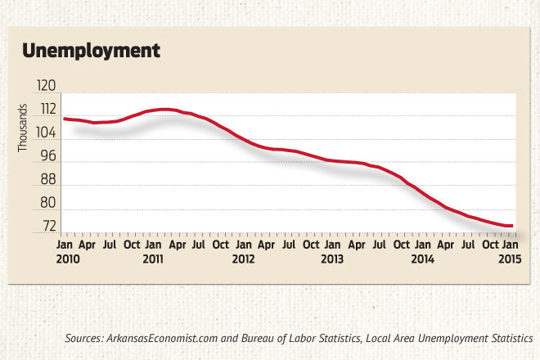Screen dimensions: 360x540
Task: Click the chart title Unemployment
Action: pyautogui.click(x=90, y=51)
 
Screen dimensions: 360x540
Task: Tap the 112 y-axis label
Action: pyautogui.click(x=46, y=109)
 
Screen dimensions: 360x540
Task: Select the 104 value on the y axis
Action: pyautogui.click(x=46, y=133)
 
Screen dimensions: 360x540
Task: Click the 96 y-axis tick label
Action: pyautogui.click(x=47, y=155)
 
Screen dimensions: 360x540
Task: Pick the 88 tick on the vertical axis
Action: pyautogui.click(x=47, y=179)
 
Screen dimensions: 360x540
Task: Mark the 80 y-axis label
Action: pyautogui.click(x=47, y=202)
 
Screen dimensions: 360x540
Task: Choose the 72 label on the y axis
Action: pyautogui.click(x=47, y=226)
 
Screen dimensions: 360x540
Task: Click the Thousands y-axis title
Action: pyautogui.click(x=24, y=130)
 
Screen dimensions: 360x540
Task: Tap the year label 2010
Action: pyautogui.click(x=68, y=259)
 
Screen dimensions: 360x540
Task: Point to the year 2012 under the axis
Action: pyautogui.click(x=244, y=259)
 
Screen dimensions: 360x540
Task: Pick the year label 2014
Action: pyautogui.click(x=421, y=259)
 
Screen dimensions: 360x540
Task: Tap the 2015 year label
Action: pyautogui.click(x=510, y=259)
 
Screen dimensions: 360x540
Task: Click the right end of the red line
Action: pyautogui.click(x=512, y=226)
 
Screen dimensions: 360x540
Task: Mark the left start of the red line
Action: pyautogui.click(x=64, y=119)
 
